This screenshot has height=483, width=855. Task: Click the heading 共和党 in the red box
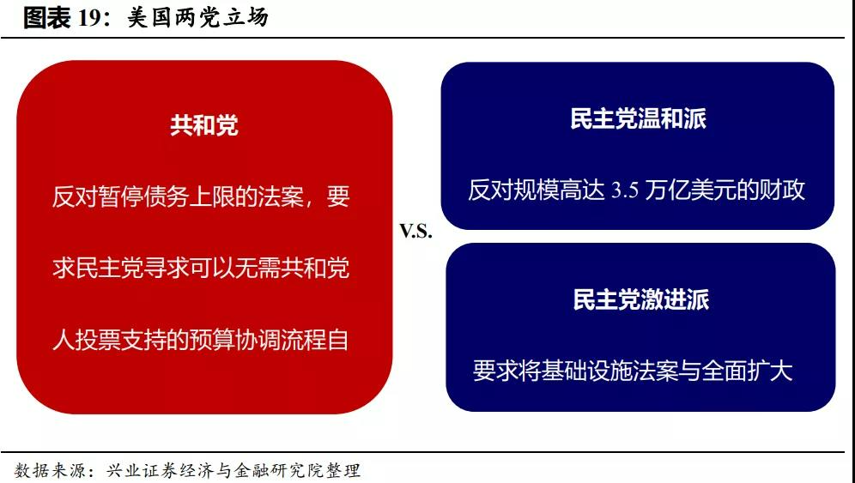(x=204, y=125)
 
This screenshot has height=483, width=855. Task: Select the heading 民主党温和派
(x=638, y=118)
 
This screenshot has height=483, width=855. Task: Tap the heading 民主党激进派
(x=640, y=299)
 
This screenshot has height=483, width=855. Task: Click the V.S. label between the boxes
(x=416, y=232)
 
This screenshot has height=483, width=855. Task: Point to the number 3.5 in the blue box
(x=624, y=190)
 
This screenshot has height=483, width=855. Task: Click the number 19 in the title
(x=89, y=18)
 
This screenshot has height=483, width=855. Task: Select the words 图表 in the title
(x=47, y=18)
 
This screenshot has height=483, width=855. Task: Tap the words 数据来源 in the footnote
(x=50, y=470)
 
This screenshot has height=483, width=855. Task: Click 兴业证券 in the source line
(x=141, y=470)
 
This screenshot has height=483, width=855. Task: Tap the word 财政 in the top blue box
(x=782, y=190)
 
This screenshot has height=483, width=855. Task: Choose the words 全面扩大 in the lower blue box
(x=747, y=371)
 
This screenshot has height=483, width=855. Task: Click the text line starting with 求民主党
(x=201, y=269)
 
